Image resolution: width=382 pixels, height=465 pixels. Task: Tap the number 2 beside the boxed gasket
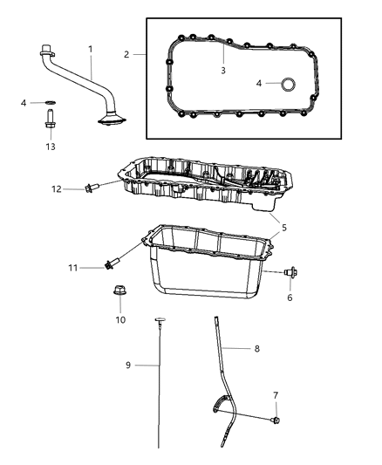pyautogui.click(x=127, y=54)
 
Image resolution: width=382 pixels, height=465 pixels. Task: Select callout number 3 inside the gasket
pyautogui.click(x=223, y=70)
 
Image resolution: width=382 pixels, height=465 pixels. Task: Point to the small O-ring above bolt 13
pyautogui.click(x=49, y=104)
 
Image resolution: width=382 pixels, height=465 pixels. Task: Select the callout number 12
pyautogui.click(x=56, y=188)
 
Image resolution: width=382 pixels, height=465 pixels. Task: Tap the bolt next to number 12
pyautogui.click(x=91, y=187)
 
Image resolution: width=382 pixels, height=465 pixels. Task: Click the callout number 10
pyautogui.click(x=120, y=320)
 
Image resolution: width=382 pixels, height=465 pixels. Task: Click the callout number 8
pyautogui.click(x=257, y=349)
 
